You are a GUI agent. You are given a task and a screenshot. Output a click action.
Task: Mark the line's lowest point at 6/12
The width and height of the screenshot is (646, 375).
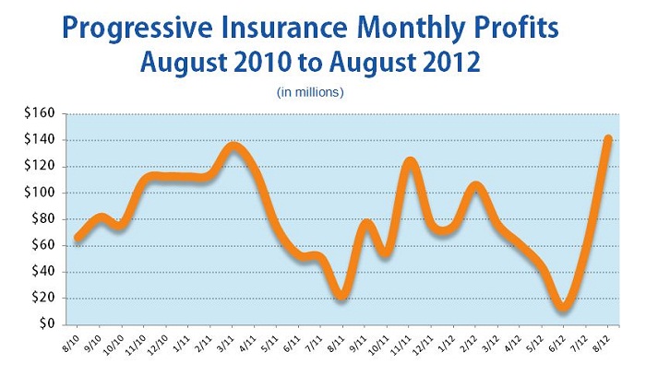pos(564,308)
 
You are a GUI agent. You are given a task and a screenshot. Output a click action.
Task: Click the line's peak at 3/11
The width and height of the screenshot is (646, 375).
pos(233,146)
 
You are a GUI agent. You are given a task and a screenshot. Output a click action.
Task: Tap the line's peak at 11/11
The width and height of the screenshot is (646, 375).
pos(410,162)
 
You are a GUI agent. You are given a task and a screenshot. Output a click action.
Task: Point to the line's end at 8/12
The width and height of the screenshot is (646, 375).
pos(606,139)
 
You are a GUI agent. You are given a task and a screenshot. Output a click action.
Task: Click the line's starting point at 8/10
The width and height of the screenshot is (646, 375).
pos(78,238)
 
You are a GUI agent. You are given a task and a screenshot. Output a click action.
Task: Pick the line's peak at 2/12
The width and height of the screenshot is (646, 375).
pos(475,186)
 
